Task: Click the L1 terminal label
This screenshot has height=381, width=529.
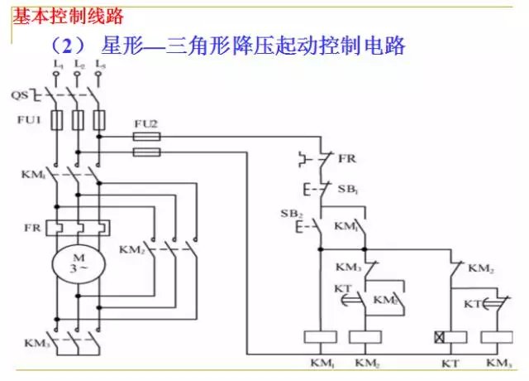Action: [56, 65]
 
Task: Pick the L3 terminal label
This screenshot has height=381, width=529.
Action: [99, 65]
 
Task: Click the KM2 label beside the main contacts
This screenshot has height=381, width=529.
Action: [132, 248]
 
